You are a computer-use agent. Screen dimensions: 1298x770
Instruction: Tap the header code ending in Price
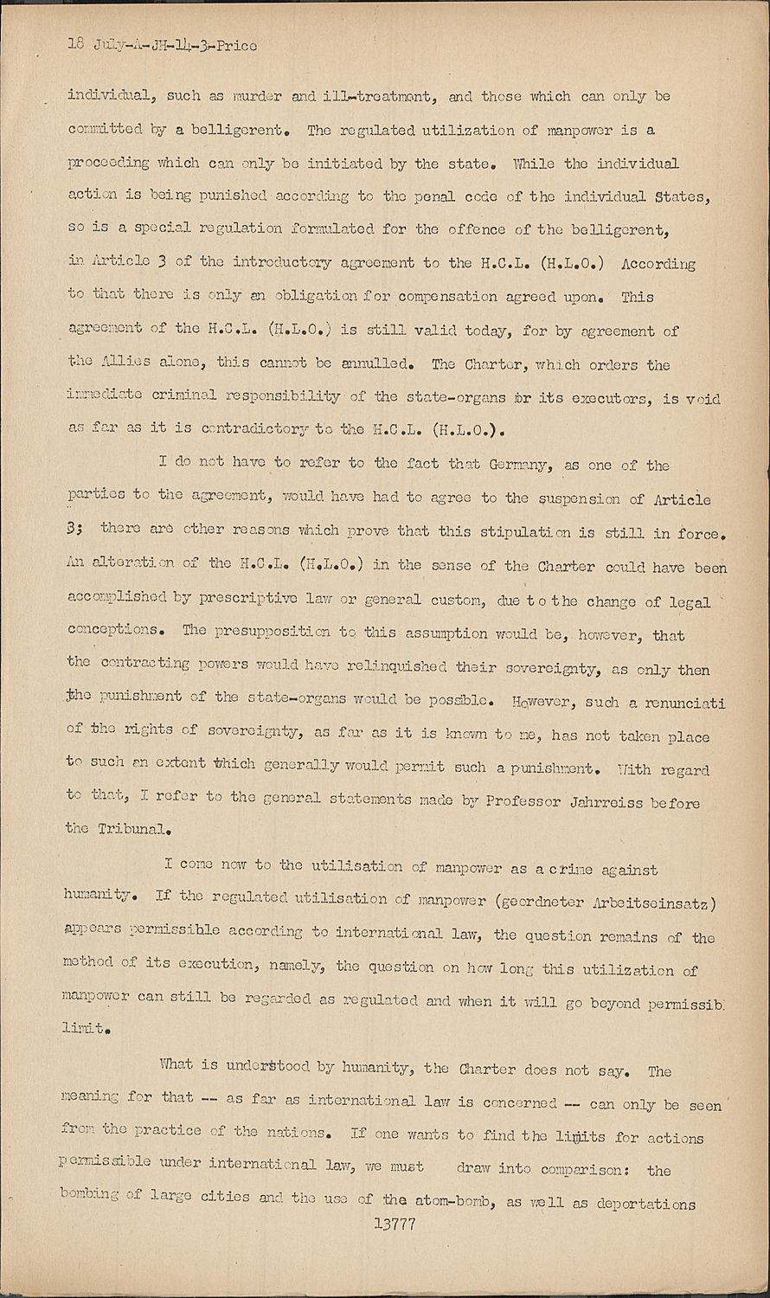point(162,45)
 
